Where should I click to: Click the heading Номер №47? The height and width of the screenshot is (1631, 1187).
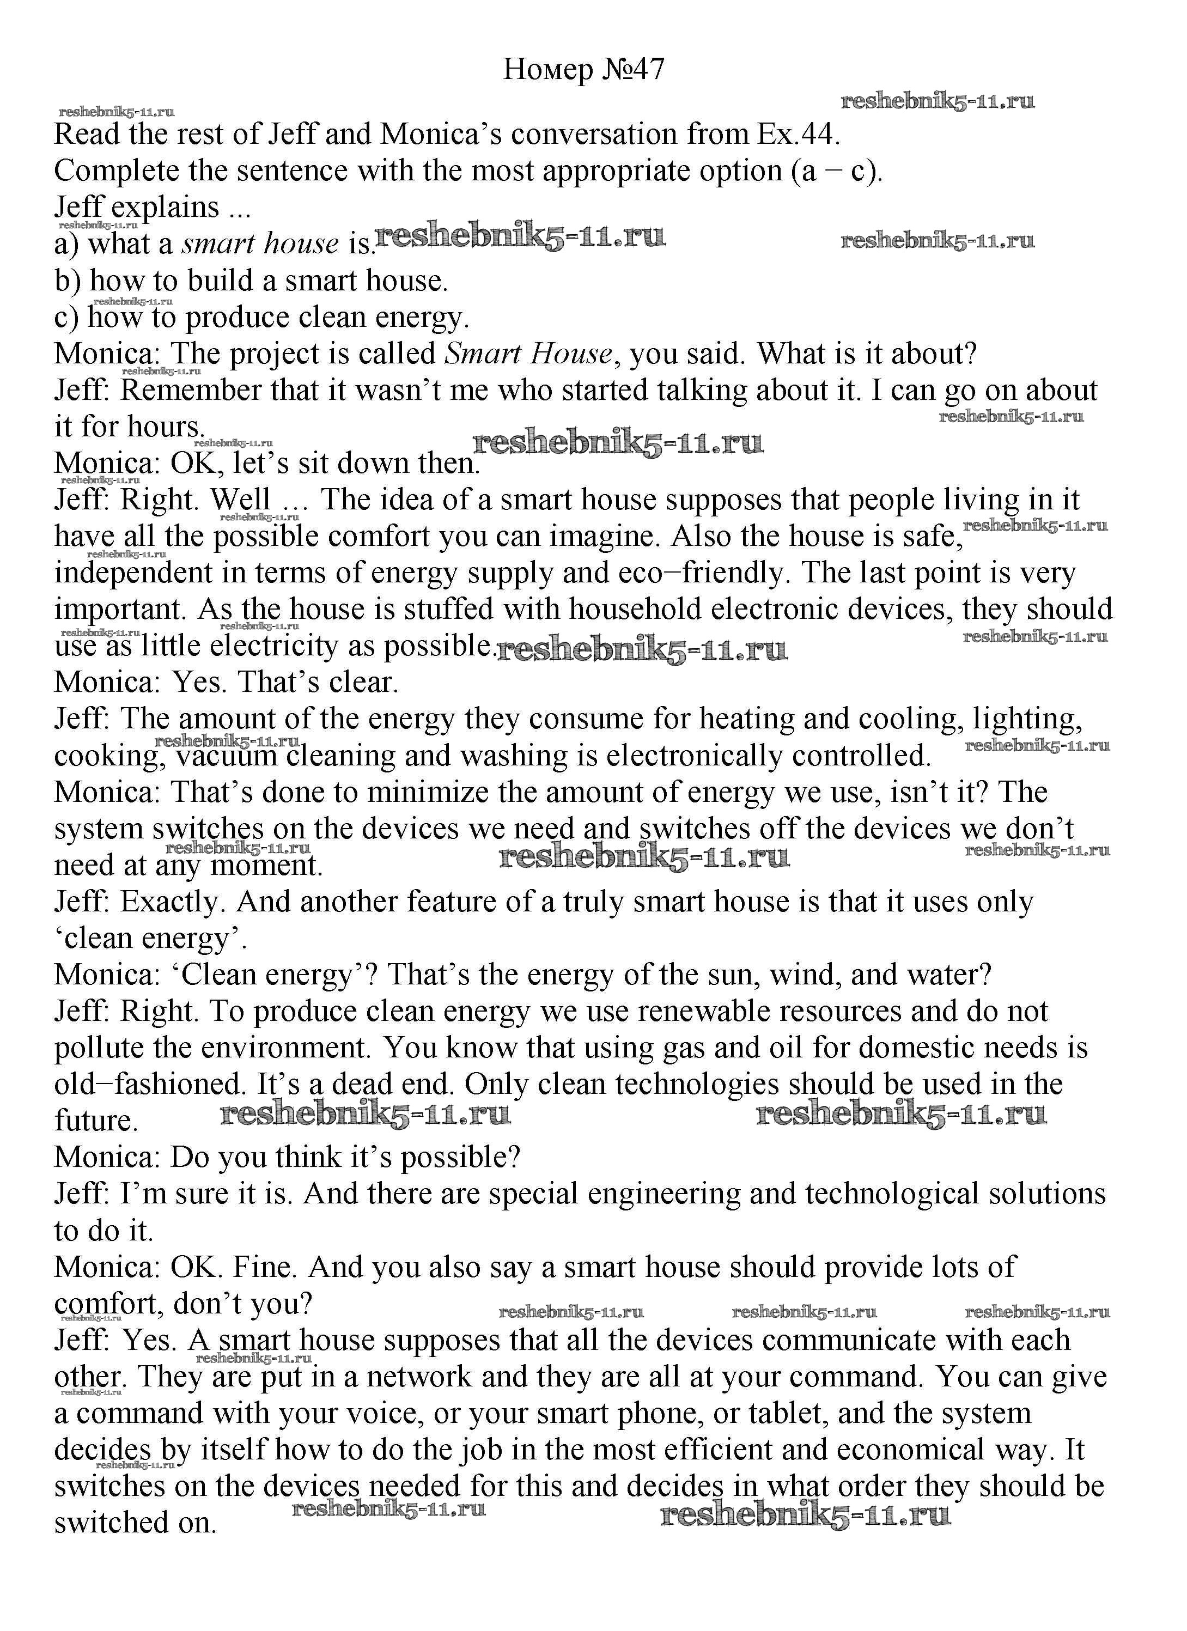pyautogui.click(x=584, y=70)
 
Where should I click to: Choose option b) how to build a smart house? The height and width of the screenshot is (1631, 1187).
pyautogui.click(x=252, y=281)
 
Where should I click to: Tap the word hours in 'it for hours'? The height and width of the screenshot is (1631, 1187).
pyautogui.click(x=166, y=427)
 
